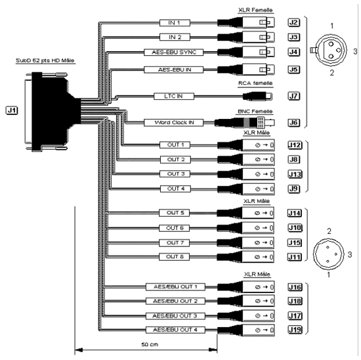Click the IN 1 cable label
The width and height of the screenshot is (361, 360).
[175, 23]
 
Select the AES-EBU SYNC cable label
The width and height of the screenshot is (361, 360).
[174, 53]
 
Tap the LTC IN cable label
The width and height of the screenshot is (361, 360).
[174, 96]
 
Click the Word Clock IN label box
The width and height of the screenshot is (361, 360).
[174, 123]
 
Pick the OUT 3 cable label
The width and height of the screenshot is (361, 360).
[175, 174]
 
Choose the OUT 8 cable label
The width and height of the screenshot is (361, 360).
[175, 257]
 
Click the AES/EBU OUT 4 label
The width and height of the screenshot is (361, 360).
[175, 330]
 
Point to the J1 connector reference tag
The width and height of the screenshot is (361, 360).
[12, 110]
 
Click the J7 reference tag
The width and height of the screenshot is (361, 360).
[294, 96]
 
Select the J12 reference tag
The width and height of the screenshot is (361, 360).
[295, 145]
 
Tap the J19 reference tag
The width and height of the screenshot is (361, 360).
[295, 330]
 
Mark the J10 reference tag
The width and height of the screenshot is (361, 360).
[295, 228]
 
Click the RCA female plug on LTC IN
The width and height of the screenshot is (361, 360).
[258, 96]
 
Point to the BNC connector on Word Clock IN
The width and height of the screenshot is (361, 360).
[245, 122]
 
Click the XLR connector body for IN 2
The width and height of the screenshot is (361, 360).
[246, 37]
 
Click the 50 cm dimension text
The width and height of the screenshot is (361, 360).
[150, 344]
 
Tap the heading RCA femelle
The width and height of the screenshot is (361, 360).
[255, 83]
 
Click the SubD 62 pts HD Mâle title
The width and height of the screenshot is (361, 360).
[45, 60]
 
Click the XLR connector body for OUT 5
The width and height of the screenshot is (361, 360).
[245, 213]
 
